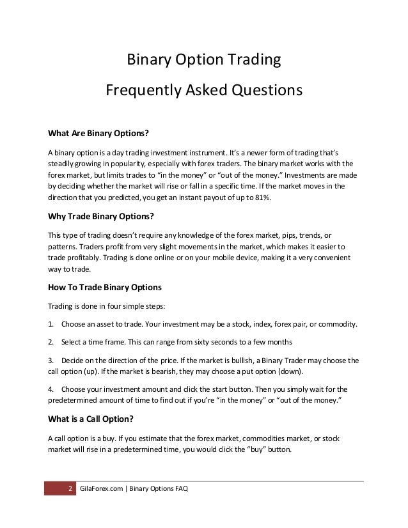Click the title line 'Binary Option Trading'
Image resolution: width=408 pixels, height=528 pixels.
(203, 61)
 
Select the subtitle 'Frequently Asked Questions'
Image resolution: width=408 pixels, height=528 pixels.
(203, 90)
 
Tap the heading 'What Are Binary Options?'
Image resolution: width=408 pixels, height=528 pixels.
(98, 134)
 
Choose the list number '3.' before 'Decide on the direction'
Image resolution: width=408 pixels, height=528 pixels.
(52, 360)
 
